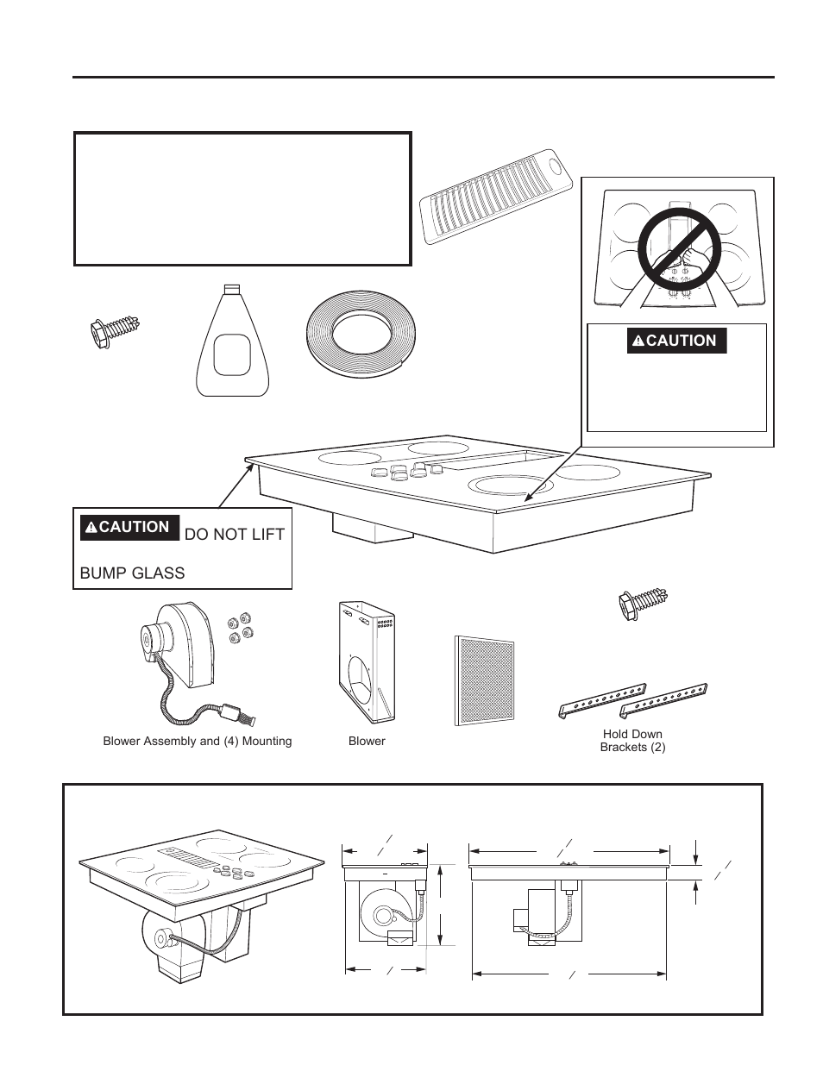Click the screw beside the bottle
(116, 333)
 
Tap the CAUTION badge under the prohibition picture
(677, 341)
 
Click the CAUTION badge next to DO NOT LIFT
(129, 527)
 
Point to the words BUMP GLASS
(132, 573)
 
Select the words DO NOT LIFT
(234, 535)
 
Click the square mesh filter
(484, 680)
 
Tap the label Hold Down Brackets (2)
(632, 741)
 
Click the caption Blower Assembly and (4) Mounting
(198, 741)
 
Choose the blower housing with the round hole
(366, 662)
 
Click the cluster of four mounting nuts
(239, 629)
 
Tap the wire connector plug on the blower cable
(234, 712)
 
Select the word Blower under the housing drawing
(367, 741)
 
